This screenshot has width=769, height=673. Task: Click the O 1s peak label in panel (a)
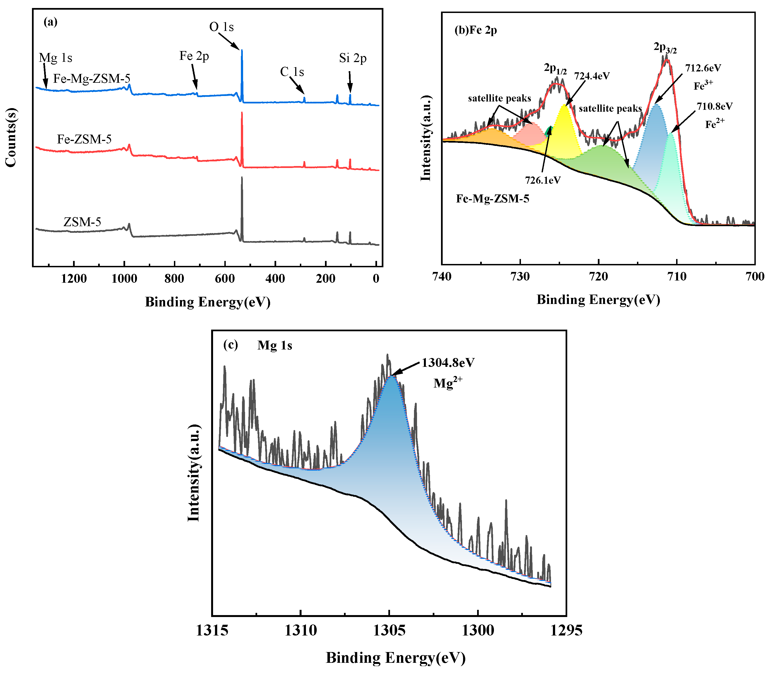coord(221,27)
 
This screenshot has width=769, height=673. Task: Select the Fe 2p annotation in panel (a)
coord(194,56)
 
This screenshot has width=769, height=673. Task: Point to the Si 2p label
coord(353,58)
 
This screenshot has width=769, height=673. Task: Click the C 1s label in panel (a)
coord(292,72)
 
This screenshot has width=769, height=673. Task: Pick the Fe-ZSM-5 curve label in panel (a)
coord(84,139)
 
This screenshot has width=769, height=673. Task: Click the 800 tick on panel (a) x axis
coord(174,279)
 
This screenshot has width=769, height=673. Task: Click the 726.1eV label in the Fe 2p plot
coord(542,180)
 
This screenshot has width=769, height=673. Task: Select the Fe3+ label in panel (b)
coord(703,85)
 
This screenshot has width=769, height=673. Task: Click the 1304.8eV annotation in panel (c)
coord(448,363)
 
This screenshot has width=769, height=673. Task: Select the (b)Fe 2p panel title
coord(475,30)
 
